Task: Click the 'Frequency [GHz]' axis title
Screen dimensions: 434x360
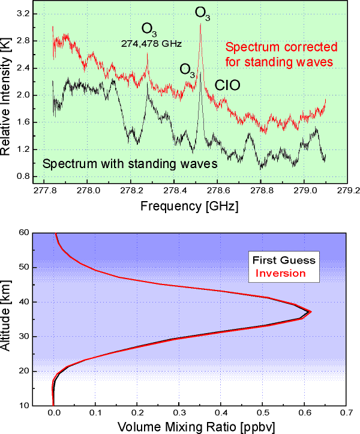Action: pyautogui.click(x=189, y=206)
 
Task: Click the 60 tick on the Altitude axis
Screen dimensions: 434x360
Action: pyautogui.click(x=21, y=233)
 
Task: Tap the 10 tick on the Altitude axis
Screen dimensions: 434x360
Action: pyautogui.click(x=21, y=406)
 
